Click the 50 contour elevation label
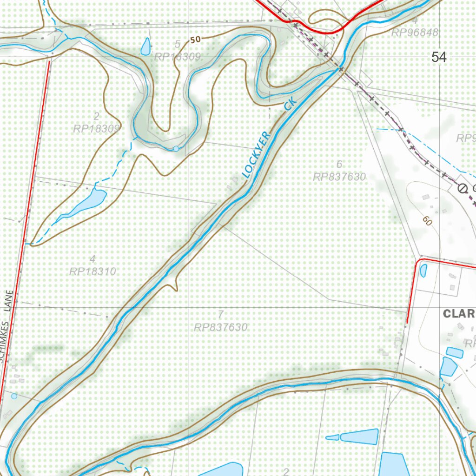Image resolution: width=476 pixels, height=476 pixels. [x=195, y=40]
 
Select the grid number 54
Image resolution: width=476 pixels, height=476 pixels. [x=438, y=57]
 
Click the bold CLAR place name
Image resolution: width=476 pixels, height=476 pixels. [x=458, y=314]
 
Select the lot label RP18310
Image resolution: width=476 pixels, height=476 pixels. [x=92, y=271]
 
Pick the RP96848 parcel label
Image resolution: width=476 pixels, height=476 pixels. [x=415, y=33]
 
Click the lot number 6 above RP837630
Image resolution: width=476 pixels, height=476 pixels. [x=339, y=164]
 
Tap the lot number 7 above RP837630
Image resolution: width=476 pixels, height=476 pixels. [x=220, y=314]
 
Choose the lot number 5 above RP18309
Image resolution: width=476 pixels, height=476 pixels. [x=177, y=44]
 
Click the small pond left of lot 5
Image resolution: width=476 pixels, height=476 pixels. [x=145, y=46]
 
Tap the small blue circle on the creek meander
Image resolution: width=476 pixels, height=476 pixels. [x=176, y=148]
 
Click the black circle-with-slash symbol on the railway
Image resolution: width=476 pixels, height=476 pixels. [x=462, y=188]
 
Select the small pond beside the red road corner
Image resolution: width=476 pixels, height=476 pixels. [x=423, y=270]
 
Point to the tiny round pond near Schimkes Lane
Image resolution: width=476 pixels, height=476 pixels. [x=14, y=396]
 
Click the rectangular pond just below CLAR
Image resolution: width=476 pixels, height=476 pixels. [x=454, y=352]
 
